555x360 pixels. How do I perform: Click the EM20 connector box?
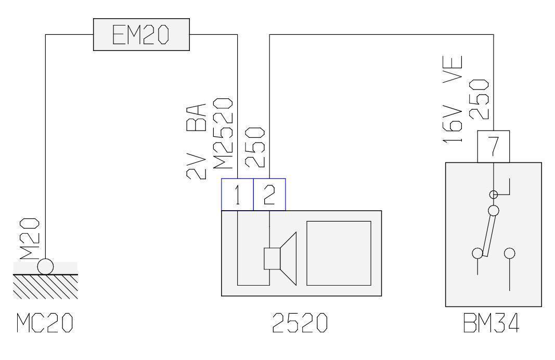point(141,35)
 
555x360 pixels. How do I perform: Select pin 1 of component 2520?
point(237,195)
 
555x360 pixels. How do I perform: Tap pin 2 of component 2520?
point(269,195)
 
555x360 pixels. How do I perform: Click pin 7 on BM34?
point(493,146)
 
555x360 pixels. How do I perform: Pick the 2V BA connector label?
point(197,142)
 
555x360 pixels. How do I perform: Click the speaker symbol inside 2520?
point(280,259)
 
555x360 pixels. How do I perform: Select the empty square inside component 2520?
point(338,253)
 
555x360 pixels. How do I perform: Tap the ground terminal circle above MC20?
point(45,266)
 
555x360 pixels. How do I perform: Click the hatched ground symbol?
point(45,286)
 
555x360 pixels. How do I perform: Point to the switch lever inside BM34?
point(488,234)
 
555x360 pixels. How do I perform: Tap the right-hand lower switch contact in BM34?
point(509,253)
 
